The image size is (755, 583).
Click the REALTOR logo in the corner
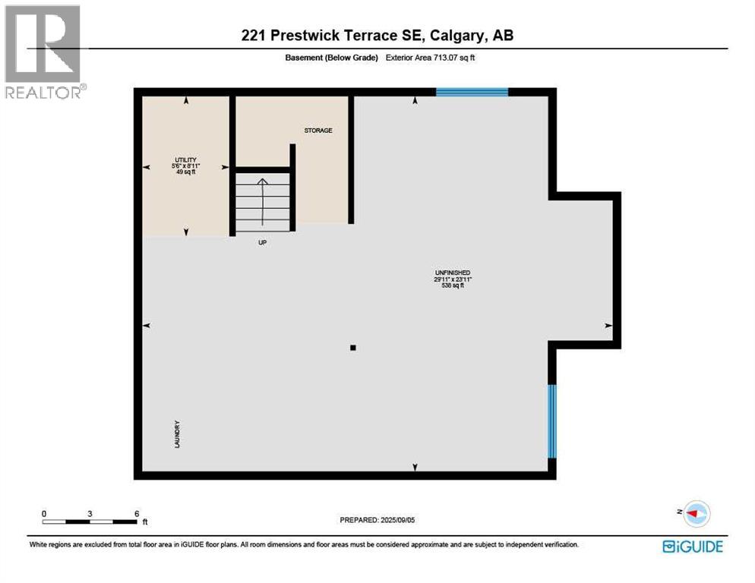(43, 52)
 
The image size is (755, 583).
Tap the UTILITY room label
(185, 160)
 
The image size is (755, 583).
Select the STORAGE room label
(318, 131)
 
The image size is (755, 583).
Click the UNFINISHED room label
(452, 273)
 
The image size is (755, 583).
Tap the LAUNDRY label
(178, 433)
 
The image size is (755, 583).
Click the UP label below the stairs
(263, 243)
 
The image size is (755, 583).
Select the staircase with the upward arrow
(263, 202)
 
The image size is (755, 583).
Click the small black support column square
(352, 348)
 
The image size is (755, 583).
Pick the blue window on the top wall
(472, 92)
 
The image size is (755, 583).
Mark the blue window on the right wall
(552, 421)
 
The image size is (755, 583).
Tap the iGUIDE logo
(692, 546)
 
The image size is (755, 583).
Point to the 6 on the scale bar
(137, 514)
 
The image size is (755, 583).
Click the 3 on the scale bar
(90, 514)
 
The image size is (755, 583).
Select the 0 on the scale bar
(44, 514)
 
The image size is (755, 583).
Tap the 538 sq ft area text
(452, 286)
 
